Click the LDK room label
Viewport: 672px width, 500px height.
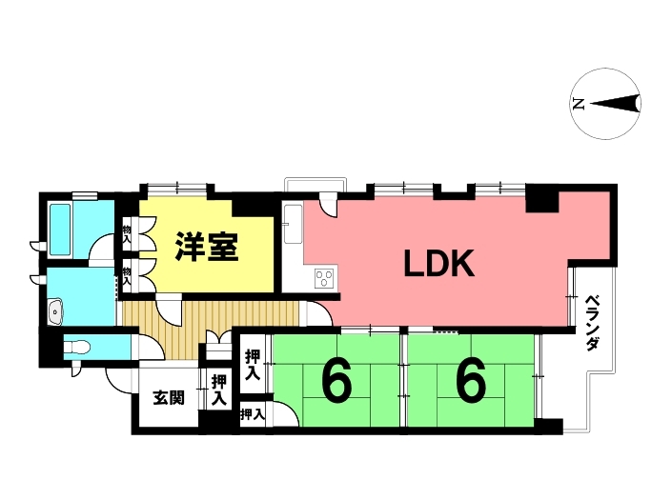point(439,264)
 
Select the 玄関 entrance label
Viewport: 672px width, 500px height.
point(168,398)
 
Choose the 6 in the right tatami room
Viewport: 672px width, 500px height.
point(470,383)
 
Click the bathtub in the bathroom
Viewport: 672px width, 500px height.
point(60,229)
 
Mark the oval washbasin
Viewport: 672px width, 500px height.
point(54,311)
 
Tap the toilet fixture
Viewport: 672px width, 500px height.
point(80,346)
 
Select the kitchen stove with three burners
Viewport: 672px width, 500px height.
point(323,278)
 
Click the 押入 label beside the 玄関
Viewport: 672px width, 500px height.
point(218,389)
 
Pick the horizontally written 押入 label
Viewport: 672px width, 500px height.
point(252,414)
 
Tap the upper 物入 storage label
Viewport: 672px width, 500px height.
point(127,231)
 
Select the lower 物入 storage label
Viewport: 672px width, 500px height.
point(127,275)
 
